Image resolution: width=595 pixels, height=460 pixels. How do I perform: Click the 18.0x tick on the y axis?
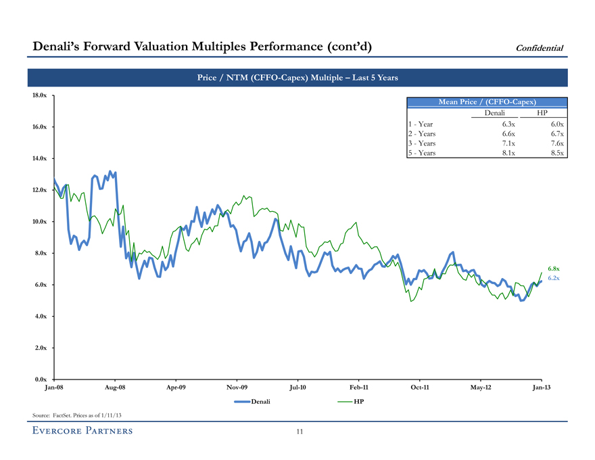(39, 95)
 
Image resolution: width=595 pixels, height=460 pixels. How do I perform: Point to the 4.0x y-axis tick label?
(39, 316)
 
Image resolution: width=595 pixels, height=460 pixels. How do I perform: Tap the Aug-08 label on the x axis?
(115, 388)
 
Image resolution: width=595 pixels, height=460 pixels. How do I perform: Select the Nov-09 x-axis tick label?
(237, 388)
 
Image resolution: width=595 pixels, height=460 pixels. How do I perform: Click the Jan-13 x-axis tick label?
(542, 388)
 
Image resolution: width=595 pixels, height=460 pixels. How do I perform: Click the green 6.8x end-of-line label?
(553, 269)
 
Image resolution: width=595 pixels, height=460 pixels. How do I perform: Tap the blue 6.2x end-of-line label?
(553, 278)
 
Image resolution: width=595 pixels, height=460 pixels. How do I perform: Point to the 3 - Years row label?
(422, 143)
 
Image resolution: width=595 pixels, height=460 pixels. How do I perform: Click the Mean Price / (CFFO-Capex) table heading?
(487, 101)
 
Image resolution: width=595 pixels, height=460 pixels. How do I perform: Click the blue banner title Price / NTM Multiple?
(297, 78)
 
